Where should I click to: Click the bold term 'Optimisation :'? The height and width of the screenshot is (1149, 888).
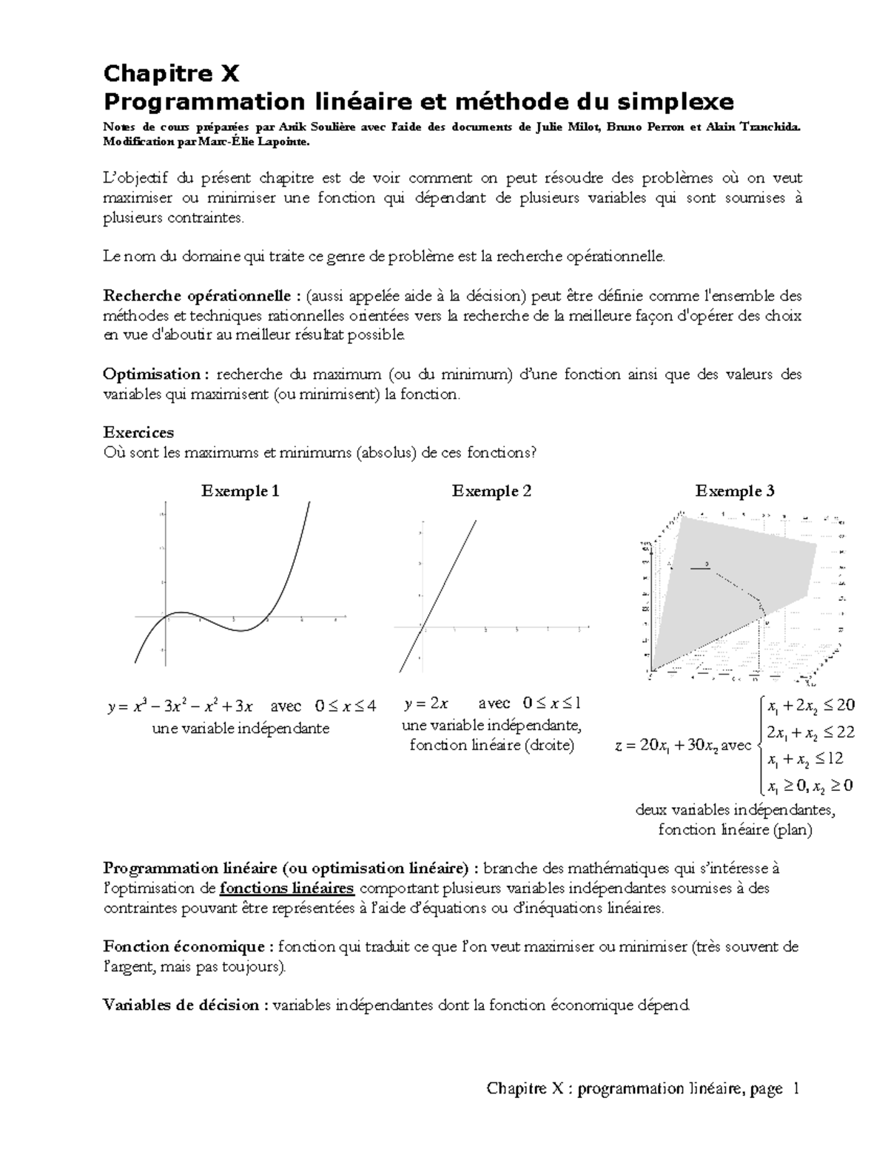(x=151, y=374)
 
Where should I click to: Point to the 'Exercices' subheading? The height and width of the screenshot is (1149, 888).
(x=138, y=432)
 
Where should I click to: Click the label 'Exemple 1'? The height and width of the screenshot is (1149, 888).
(x=240, y=491)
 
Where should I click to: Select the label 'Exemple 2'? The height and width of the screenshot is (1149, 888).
(x=491, y=491)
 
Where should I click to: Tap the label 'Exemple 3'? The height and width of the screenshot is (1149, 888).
(x=734, y=491)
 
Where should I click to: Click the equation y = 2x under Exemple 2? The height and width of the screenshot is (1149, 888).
(x=426, y=703)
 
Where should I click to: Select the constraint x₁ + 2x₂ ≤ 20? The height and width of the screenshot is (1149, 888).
(x=810, y=706)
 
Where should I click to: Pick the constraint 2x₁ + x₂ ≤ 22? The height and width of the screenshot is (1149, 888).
(x=810, y=732)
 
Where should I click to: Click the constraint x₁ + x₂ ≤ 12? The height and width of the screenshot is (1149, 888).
(x=805, y=759)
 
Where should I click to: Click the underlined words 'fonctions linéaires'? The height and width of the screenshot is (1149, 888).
(x=287, y=888)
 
